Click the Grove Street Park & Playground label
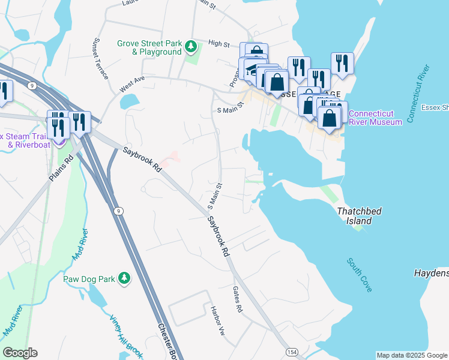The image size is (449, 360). click(149, 47)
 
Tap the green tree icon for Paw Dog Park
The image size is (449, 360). click(124, 278)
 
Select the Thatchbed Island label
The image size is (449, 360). click(360, 216)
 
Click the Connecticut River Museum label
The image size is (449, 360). click(375, 118)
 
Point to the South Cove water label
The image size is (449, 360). click(360, 275)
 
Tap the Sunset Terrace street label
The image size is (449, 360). click(100, 59)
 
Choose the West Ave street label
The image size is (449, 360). click(132, 83)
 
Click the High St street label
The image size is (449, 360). click(219, 44)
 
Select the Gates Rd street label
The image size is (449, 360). click(237, 299)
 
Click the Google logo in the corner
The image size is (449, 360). click(20, 353)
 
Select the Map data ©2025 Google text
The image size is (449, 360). click(412, 355)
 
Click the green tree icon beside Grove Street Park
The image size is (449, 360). click(191, 46)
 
